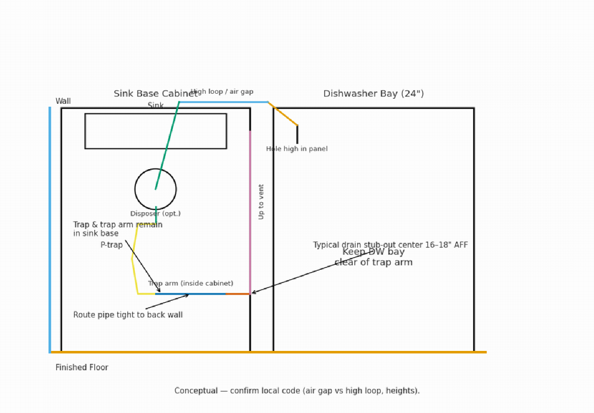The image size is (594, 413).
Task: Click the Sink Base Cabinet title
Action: click(155, 94)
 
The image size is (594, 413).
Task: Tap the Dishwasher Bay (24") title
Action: click(373, 94)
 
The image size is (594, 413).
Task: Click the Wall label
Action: click(63, 101)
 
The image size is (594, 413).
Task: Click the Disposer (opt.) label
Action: click(155, 213)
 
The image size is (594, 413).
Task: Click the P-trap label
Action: click(111, 245)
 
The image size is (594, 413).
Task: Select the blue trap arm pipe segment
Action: click(190, 294)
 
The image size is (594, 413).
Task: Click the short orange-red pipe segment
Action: click(237, 294)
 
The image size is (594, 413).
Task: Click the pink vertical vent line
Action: click(250, 209)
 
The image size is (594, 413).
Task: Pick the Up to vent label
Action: click(261, 201)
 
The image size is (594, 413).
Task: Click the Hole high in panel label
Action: click(296, 149)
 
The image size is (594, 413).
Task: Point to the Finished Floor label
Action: click(82, 367)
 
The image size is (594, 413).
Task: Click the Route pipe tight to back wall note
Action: click(128, 315)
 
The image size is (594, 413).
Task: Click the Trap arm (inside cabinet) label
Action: click(191, 284)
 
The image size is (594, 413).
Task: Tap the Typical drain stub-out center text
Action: click(390, 245)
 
